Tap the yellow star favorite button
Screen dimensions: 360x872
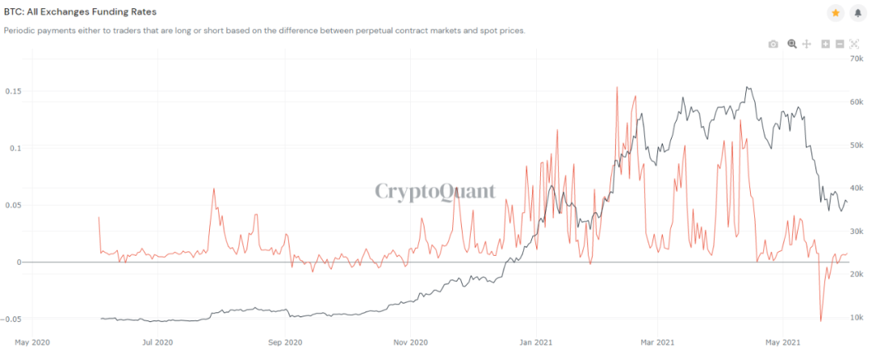point(835,13)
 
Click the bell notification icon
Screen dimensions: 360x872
point(857,13)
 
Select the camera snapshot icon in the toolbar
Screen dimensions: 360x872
point(773,44)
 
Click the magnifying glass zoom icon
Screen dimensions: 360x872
point(792,44)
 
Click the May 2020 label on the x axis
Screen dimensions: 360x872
point(32,342)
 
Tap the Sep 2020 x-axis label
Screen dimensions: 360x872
point(285,342)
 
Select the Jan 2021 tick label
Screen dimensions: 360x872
point(536,342)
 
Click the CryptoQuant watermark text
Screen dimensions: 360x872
point(435,191)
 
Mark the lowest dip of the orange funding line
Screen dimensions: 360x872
point(821,321)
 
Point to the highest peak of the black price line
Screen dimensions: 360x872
point(748,87)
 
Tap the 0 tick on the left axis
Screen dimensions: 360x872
point(18,262)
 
